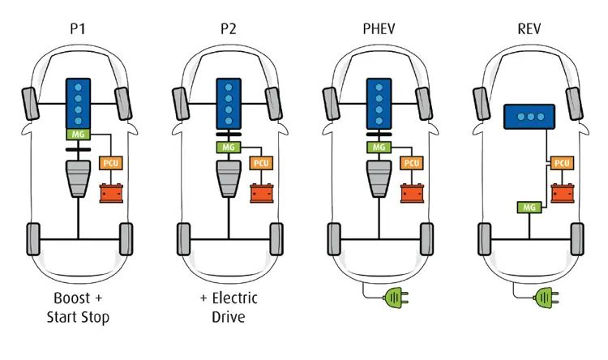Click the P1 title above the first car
pos(78,28)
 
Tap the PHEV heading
pos(379,28)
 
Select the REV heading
pos(529,28)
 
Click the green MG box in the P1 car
pos(79,135)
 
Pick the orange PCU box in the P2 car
pos(261,163)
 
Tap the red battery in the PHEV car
pos(412,193)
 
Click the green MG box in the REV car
pos(529,207)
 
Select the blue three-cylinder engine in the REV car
pos(529,117)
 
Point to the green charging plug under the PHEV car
pos(396,298)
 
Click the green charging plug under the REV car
pos(546,298)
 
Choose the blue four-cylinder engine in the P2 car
pos(229,104)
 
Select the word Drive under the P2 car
pos(229,316)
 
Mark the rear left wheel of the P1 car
pos(33,239)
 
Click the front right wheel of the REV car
pos(574,104)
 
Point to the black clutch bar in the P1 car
pos(79,149)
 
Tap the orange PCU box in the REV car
pos(563,163)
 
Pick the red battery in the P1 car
pos(111,193)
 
